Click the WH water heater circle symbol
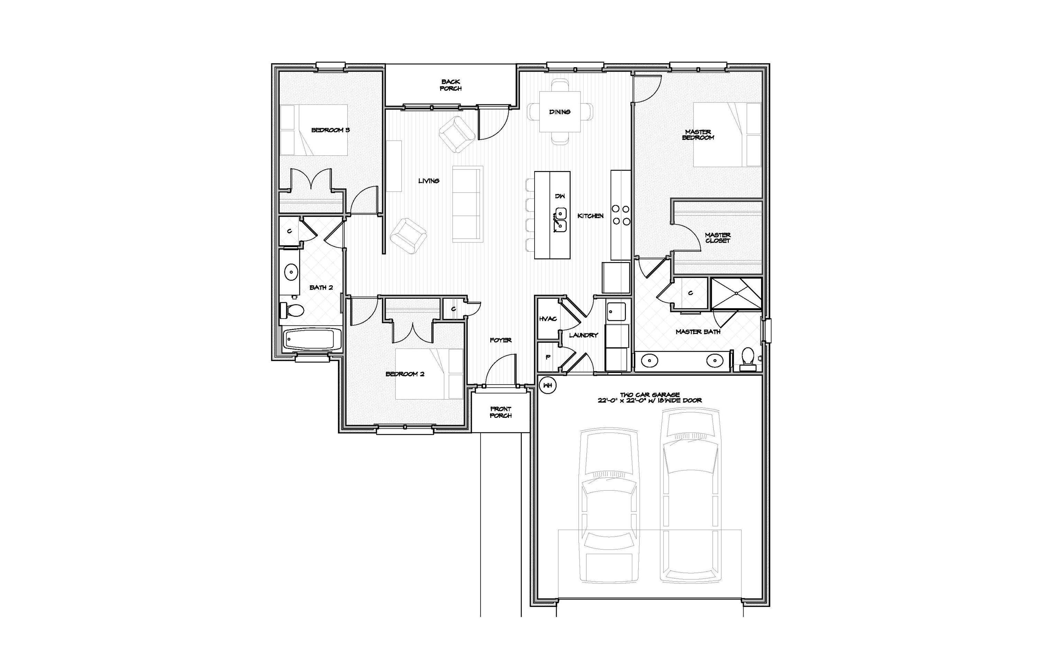[x=548, y=385]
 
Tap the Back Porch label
[x=450, y=85]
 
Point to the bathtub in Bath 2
[x=311, y=339]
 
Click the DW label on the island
[x=560, y=196]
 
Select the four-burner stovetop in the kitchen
[x=621, y=215]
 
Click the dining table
[x=559, y=112]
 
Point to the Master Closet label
[x=718, y=238]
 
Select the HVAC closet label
[x=548, y=319]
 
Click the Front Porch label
[x=501, y=412]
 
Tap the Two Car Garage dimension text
[x=649, y=397]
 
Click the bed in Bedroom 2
[x=429, y=374]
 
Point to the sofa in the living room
[x=467, y=204]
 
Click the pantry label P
[x=548, y=357]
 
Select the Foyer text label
[x=500, y=340]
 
